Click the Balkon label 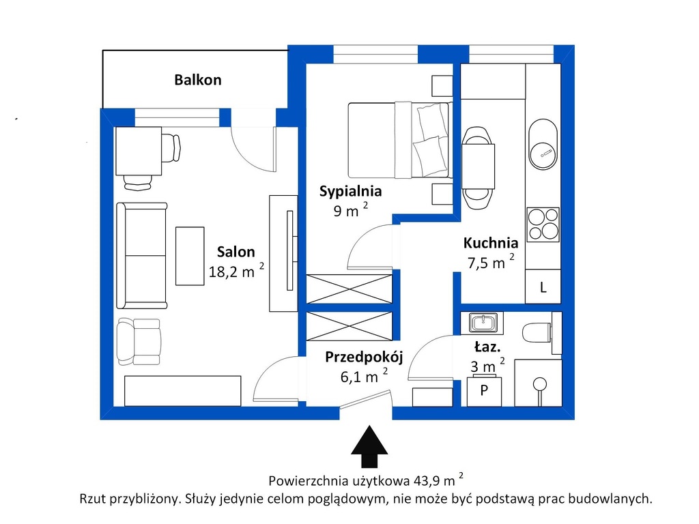pyautogui.click(x=197, y=80)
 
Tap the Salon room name pyautogui.click(x=236, y=252)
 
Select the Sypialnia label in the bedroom pyautogui.click(x=350, y=191)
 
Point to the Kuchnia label pyautogui.click(x=490, y=243)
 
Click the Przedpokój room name pyautogui.click(x=364, y=357)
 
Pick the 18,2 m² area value pyautogui.click(x=236, y=271)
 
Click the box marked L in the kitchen pyautogui.click(x=543, y=287)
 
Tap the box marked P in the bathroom pyautogui.click(x=484, y=392)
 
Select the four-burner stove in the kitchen pyautogui.click(x=543, y=224)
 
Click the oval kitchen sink pyautogui.click(x=543, y=144)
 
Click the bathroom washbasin pyautogui.click(x=482, y=323)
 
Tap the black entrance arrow pyautogui.click(x=369, y=446)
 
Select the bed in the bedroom pyautogui.click(x=399, y=140)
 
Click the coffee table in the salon pyautogui.click(x=190, y=257)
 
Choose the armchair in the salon pyautogui.click(x=139, y=341)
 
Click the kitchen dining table pyautogui.click(x=478, y=166)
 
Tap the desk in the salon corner pyautogui.click(x=139, y=151)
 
